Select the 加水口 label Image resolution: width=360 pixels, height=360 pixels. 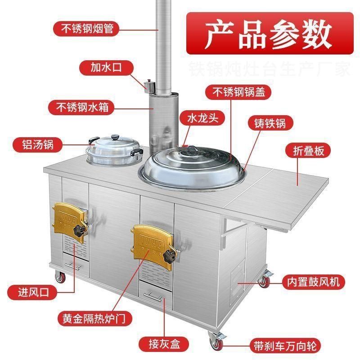[106, 68]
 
